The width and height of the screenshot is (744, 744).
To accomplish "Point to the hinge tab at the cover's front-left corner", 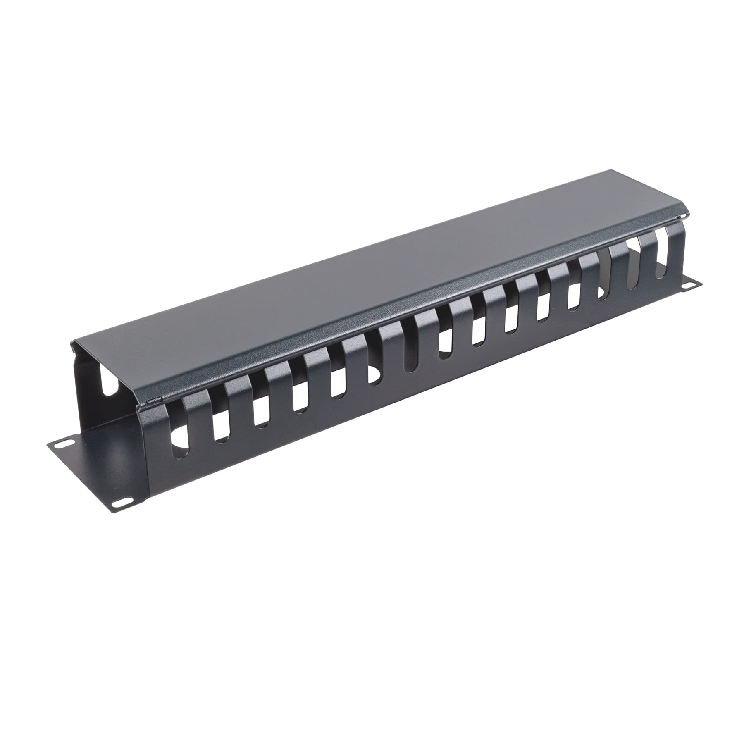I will tap(154, 399).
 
